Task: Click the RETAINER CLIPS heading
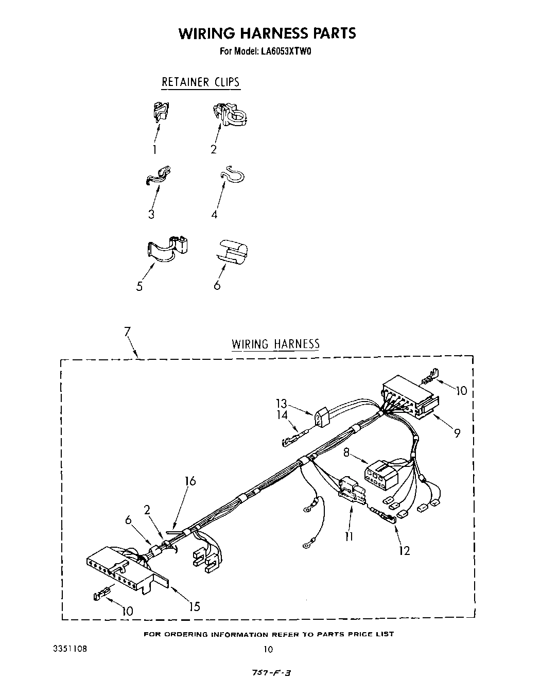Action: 200,82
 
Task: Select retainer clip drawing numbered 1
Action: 162,112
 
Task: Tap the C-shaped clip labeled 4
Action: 233,175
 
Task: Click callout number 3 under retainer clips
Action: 151,214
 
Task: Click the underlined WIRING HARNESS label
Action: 275,344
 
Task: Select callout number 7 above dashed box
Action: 127,333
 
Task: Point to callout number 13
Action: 281,404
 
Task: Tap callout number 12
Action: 404,550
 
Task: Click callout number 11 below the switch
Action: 350,536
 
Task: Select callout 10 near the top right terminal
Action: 461,391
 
